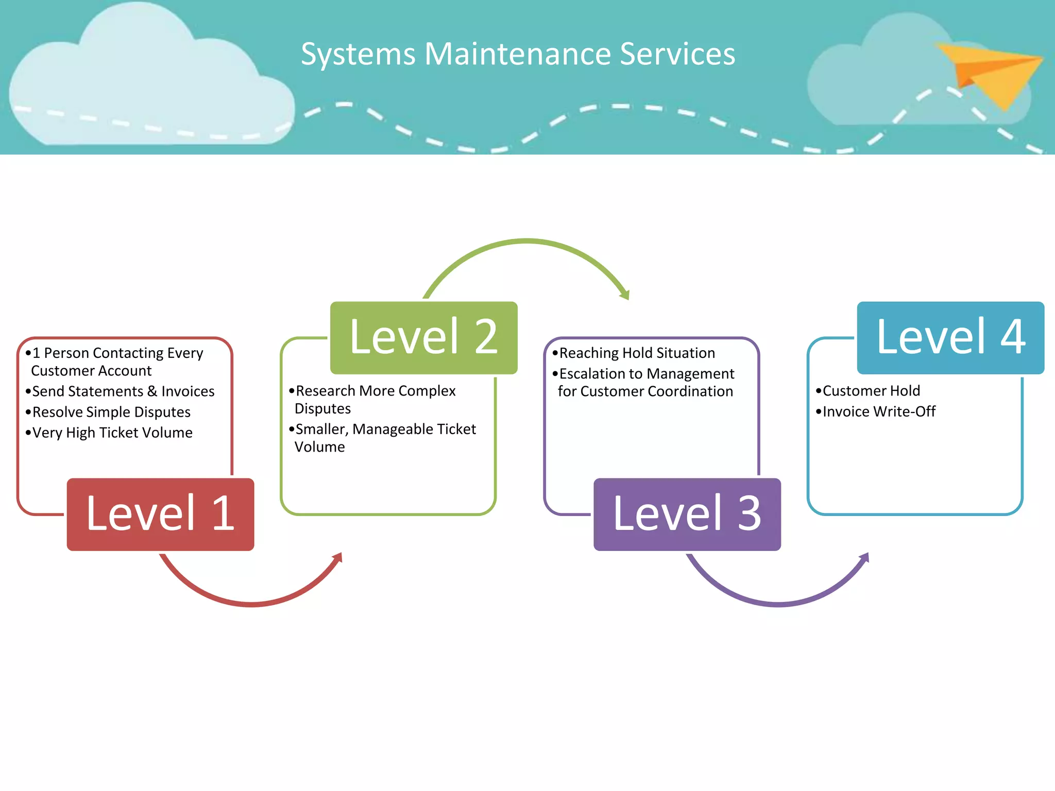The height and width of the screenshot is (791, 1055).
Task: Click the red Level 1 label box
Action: [x=160, y=514]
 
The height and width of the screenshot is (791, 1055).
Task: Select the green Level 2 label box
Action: [x=423, y=337]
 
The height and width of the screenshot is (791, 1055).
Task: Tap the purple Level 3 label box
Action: [x=687, y=514]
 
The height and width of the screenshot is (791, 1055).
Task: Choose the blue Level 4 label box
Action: [x=950, y=337]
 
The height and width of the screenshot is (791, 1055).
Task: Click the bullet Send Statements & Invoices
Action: [x=123, y=391]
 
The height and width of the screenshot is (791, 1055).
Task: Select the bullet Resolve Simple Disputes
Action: [x=111, y=412]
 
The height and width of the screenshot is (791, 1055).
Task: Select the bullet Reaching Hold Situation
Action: [x=637, y=353]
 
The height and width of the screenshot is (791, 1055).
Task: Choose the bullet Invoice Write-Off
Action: [x=878, y=411]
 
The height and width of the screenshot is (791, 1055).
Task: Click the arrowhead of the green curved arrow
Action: [x=625, y=295]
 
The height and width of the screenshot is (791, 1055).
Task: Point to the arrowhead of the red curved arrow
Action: [x=338, y=558]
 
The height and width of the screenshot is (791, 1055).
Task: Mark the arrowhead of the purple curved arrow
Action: [x=865, y=558]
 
